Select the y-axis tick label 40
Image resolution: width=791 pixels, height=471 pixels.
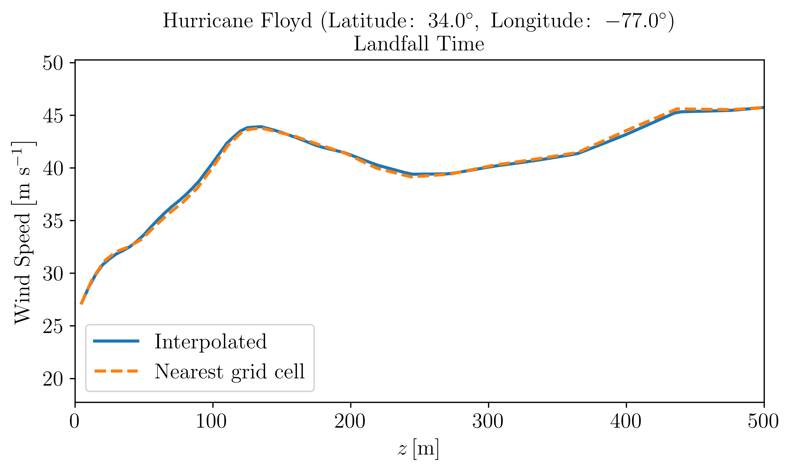53,169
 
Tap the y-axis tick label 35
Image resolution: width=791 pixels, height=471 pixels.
53,221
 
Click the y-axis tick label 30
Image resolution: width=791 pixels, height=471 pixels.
53,274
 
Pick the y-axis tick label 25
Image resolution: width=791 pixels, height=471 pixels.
53,327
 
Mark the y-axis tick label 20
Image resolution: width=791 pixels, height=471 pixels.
53,379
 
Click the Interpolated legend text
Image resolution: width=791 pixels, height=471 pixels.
210,342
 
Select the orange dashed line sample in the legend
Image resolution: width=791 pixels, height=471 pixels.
116,371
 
